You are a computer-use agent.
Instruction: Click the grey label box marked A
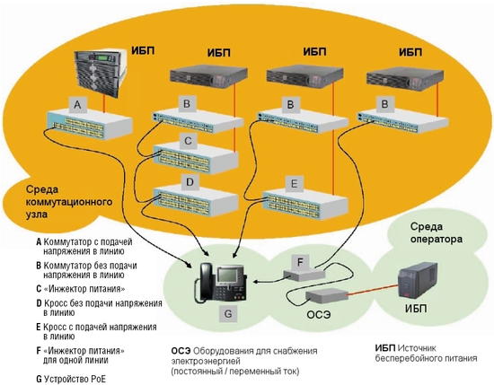point(77,104)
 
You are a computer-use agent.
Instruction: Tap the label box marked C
point(188,141)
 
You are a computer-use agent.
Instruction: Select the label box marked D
point(190,182)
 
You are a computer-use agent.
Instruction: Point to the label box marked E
point(294,184)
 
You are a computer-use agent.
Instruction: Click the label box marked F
point(300,262)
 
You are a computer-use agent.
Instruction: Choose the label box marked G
point(228,314)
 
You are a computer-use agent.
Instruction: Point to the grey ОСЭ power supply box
point(327,295)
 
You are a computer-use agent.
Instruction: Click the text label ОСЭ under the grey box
point(319,314)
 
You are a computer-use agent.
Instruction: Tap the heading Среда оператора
point(437,233)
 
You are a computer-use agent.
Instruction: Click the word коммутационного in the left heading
point(68,202)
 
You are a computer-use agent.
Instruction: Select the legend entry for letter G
point(71,379)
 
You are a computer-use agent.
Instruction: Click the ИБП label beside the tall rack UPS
point(143,50)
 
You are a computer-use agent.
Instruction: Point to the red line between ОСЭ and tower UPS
point(373,290)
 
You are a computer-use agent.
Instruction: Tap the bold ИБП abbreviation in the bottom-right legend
point(385,348)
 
